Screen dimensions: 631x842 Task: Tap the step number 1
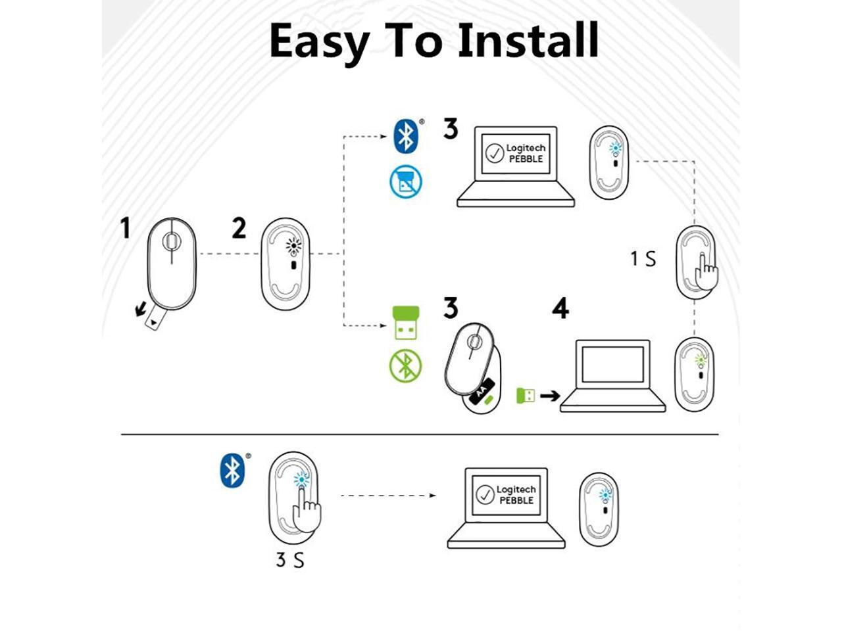tap(125, 229)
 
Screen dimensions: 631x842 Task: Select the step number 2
tap(239, 229)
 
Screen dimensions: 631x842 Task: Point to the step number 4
tap(560, 308)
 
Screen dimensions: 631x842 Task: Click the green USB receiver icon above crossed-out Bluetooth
tap(405, 322)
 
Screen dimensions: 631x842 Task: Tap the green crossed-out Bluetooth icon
tap(405, 366)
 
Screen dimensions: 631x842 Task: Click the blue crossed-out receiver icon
tap(405, 181)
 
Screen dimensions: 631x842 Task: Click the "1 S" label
tap(643, 259)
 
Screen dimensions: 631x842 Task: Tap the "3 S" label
tap(289, 561)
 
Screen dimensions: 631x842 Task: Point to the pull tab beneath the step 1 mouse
tap(153, 319)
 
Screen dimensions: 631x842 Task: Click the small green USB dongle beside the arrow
tap(525, 395)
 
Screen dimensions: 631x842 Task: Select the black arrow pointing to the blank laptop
tap(549, 395)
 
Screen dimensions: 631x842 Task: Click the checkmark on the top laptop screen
tap(494, 153)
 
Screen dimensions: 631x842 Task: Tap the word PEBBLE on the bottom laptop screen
tap(516, 501)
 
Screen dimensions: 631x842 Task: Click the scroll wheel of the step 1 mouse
tap(171, 242)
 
